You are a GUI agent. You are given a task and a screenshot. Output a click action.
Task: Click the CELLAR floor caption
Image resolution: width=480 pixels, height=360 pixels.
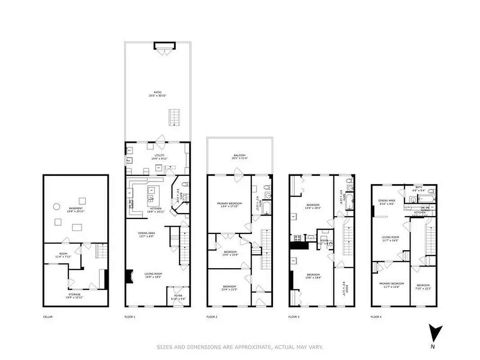point(48,317)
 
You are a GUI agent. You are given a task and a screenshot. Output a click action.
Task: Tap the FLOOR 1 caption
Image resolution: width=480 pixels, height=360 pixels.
point(130,317)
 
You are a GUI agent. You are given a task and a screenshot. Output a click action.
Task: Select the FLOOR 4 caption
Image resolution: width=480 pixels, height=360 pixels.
point(376,317)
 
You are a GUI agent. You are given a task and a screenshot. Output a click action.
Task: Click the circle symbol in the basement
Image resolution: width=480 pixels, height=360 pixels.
point(57,207)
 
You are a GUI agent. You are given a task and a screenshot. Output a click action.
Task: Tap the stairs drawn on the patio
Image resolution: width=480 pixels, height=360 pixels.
point(174,117)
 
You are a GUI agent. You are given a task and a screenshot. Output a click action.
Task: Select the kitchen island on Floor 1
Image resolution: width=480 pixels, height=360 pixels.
point(152,194)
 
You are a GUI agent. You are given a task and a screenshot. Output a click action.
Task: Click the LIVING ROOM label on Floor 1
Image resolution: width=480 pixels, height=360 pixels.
point(153,274)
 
